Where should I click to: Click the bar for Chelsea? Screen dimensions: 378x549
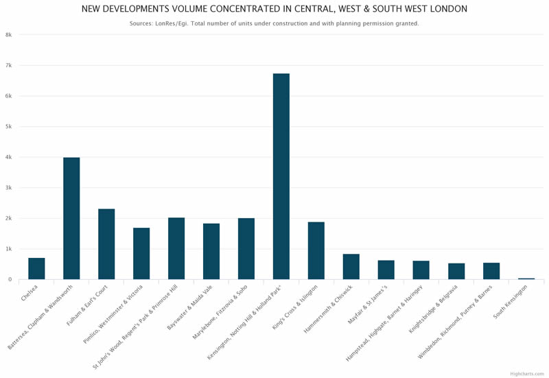click(x=36, y=269)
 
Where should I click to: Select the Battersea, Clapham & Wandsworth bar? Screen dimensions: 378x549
click(x=71, y=218)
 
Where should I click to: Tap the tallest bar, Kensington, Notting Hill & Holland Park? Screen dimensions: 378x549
click(x=281, y=176)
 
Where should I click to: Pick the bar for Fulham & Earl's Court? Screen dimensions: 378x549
click(x=106, y=244)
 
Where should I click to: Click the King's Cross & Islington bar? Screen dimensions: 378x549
click(x=316, y=250)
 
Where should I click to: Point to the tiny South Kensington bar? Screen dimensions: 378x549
click(x=526, y=279)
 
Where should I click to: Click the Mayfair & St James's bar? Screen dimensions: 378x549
click(x=386, y=270)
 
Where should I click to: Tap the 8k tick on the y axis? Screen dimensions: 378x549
click(x=8, y=35)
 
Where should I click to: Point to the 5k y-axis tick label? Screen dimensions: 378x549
click(x=8, y=127)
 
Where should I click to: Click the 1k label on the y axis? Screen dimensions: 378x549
click(x=8, y=249)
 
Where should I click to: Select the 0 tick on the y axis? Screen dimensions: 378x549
click(x=10, y=280)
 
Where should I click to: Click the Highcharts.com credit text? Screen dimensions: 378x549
click(x=526, y=373)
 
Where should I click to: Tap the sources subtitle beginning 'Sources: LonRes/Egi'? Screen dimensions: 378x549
click(x=274, y=23)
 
